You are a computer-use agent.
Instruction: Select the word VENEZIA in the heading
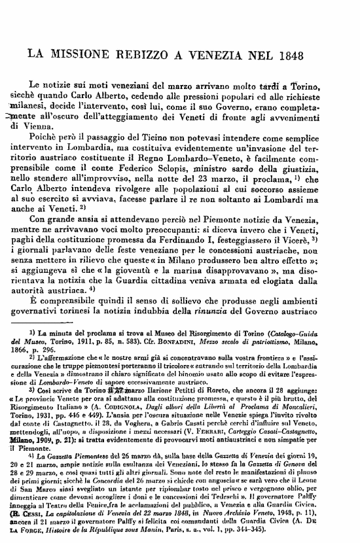click(217, 54)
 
